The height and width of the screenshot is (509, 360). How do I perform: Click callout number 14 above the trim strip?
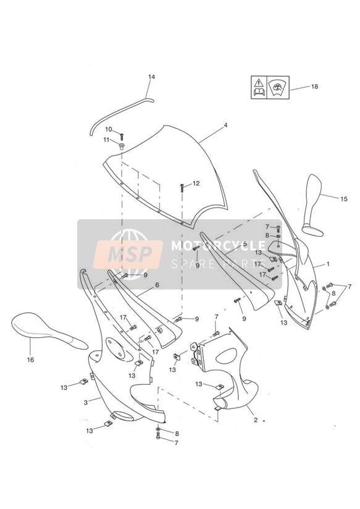click(152, 77)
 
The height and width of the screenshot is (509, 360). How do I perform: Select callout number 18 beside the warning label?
click(314, 86)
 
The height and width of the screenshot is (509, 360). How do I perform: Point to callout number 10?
click(109, 130)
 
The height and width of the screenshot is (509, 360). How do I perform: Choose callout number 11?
click(106, 140)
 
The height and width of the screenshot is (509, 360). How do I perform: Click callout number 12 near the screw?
click(196, 183)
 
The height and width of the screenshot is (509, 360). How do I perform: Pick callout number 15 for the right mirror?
click(344, 199)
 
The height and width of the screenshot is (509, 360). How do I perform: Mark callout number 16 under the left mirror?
click(30, 360)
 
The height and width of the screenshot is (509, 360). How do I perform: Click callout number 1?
click(328, 264)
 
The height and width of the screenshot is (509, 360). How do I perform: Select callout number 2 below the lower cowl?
click(256, 420)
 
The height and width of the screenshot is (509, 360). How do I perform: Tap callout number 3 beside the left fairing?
click(86, 403)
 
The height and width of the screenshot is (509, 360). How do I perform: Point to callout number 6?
click(157, 285)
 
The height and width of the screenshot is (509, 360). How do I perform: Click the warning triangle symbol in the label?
click(259, 82)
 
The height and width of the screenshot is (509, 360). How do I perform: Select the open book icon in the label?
click(259, 92)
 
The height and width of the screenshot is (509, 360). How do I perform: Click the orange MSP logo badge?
click(128, 254)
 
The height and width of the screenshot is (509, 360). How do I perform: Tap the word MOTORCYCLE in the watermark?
click(219, 246)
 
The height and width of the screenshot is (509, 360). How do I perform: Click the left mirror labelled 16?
click(49, 330)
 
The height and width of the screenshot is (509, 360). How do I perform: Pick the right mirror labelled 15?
click(312, 205)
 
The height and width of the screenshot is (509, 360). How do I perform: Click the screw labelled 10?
click(122, 137)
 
